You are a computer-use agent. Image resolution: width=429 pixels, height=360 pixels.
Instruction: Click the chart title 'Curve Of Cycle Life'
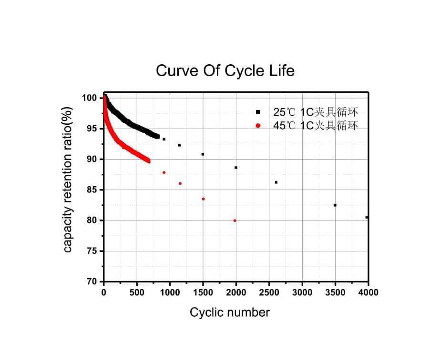click(225, 71)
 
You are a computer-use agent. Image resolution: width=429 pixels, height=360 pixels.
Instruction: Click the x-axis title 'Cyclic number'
click(229, 312)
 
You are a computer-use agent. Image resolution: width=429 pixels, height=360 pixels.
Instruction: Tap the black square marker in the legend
click(258, 112)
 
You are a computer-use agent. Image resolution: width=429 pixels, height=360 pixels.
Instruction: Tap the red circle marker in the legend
click(258, 126)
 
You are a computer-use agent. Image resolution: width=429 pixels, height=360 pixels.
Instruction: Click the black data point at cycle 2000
click(236, 168)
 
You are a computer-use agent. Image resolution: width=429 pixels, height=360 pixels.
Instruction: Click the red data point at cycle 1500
click(204, 199)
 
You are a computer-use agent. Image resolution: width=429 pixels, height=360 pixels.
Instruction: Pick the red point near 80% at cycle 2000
click(235, 220)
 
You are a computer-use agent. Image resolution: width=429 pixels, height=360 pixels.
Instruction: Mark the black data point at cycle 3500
click(335, 205)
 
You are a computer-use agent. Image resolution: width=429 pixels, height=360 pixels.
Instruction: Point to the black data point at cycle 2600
click(276, 182)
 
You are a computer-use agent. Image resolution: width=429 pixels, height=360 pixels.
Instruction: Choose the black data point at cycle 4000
click(367, 217)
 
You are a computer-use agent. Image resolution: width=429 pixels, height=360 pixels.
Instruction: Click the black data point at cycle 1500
click(203, 154)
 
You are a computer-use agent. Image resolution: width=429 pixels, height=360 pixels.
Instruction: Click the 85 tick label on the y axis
click(92, 190)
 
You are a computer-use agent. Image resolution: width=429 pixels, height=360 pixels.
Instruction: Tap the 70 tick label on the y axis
click(92, 281)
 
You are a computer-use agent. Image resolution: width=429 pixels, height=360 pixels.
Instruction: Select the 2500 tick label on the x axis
click(269, 292)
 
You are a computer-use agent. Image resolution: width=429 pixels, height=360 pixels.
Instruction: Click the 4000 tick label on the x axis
click(368, 292)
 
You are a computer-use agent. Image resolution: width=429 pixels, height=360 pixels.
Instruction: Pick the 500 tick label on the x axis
click(137, 292)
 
